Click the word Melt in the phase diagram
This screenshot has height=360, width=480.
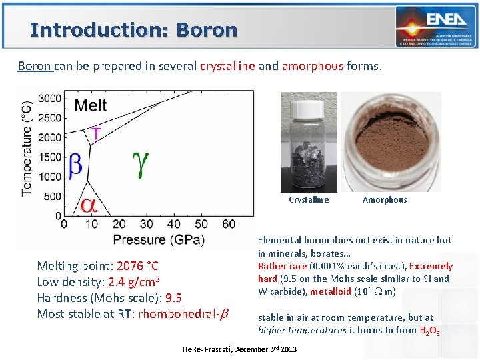[x=90, y=105]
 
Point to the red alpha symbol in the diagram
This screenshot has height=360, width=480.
[x=89, y=205]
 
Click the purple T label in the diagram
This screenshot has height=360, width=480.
[x=97, y=133]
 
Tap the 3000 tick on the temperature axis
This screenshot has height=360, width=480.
[x=51, y=98]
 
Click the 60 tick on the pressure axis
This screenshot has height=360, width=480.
[x=228, y=224]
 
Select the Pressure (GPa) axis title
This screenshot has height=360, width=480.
[x=158, y=239]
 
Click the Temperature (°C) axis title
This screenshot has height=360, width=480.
[x=27, y=148]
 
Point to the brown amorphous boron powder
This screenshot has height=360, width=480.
[x=391, y=140]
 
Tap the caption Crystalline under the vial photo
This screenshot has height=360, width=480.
[x=309, y=199]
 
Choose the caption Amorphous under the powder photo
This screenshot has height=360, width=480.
[x=385, y=199]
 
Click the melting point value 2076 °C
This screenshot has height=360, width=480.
[x=137, y=266]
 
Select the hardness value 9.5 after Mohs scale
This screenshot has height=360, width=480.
[x=173, y=298]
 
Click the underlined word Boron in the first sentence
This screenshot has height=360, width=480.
[x=35, y=66]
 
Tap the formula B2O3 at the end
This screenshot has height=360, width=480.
[x=429, y=331]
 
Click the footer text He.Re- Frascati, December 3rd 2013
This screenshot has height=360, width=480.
[x=239, y=349]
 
